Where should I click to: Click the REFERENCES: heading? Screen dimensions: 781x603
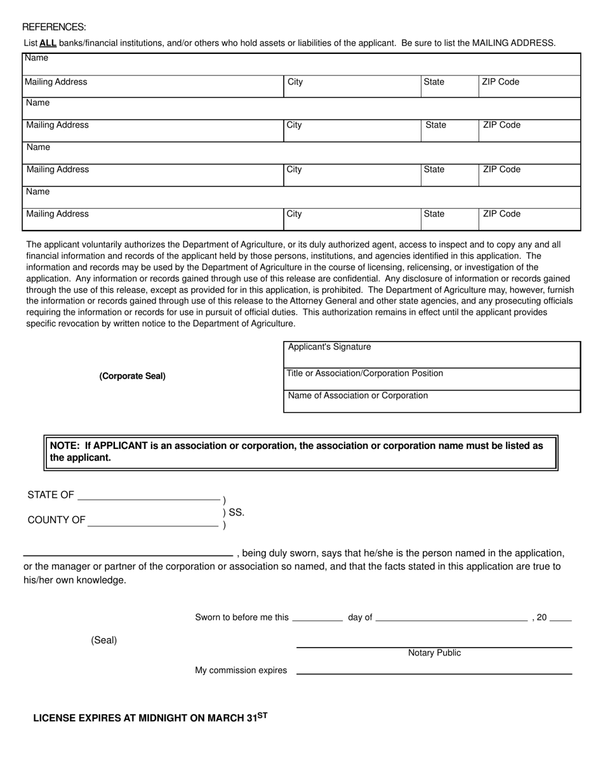(x=54, y=27)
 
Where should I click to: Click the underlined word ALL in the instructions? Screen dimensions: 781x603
(x=48, y=43)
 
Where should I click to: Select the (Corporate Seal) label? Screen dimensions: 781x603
(x=132, y=376)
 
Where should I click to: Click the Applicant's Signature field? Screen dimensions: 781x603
(x=432, y=355)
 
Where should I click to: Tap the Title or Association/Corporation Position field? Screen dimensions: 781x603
(x=432, y=380)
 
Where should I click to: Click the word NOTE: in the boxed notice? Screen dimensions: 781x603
(x=66, y=446)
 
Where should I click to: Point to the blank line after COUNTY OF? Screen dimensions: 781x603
(x=152, y=524)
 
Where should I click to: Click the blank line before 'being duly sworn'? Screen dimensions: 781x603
(x=128, y=554)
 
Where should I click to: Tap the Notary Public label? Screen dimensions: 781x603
(x=434, y=653)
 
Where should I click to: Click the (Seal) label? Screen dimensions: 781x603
(x=103, y=640)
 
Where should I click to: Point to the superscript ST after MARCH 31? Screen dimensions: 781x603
(x=262, y=715)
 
